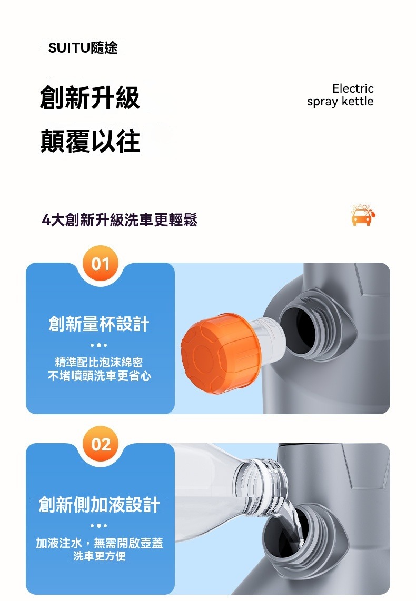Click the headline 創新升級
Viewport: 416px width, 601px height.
click(x=90, y=98)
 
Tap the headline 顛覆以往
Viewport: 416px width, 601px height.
click(x=90, y=141)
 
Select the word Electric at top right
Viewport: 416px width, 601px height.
click(x=353, y=88)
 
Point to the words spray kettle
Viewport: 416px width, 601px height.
click(x=340, y=102)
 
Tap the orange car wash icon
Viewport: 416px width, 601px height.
click(x=364, y=215)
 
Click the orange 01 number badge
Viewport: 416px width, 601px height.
click(x=101, y=264)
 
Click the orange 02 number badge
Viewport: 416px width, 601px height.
click(x=101, y=445)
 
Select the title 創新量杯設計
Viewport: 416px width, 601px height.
click(x=99, y=324)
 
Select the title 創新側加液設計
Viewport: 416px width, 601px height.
click(x=99, y=505)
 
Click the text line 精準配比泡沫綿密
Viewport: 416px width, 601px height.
click(x=99, y=362)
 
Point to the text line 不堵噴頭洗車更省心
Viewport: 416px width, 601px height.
click(x=99, y=376)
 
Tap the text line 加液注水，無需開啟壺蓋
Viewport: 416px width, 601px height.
click(x=99, y=543)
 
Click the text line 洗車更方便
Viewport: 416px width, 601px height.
click(x=99, y=556)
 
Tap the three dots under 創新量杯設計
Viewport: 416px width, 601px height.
click(x=99, y=345)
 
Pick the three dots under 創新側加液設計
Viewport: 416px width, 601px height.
click(x=99, y=526)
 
